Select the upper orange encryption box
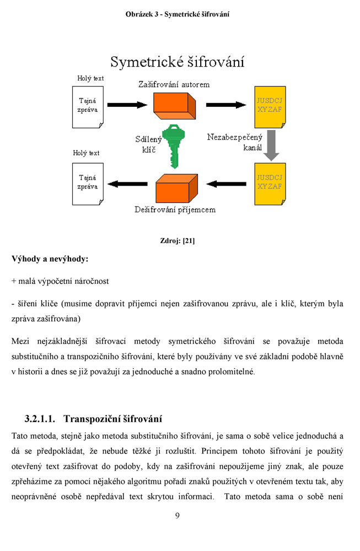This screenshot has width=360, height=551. point(174,106)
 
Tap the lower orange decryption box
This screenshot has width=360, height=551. point(176,188)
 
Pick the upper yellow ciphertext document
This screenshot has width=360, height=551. point(270,107)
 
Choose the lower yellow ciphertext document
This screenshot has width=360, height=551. point(270,184)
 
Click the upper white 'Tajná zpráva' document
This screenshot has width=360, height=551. point(88,107)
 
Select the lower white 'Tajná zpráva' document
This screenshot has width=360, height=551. point(88,184)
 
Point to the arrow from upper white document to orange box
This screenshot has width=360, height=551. point(127,105)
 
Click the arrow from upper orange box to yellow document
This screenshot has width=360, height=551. point(226,105)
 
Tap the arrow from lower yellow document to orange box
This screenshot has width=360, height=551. point(226,184)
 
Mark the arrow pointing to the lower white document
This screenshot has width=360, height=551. point(127,184)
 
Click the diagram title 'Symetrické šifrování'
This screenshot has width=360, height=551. point(177,62)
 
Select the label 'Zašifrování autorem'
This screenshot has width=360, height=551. point(174,84)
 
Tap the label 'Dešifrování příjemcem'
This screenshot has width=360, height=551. point(175,210)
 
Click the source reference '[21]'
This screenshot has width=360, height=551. point(189,241)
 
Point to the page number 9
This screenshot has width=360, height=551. point(177,516)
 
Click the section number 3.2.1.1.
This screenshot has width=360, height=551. point(40,419)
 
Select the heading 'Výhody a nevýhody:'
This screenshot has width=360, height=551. point(50,260)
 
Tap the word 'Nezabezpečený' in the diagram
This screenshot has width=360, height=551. point(235,137)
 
